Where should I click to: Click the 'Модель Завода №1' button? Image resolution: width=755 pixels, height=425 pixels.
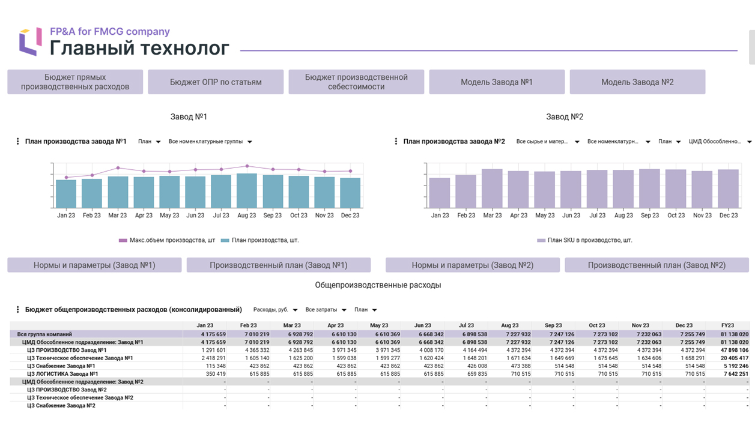(x=497, y=82)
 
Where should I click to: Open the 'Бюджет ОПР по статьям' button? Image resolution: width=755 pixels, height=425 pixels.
(x=216, y=82)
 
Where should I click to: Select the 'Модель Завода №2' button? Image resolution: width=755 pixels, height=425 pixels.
(x=637, y=82)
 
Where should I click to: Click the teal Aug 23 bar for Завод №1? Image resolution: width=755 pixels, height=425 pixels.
(x=247, y=191)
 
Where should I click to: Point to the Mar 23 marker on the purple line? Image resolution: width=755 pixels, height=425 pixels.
(x=118, y=167)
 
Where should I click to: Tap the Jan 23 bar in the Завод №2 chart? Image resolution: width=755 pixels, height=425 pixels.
(x=440, y=193)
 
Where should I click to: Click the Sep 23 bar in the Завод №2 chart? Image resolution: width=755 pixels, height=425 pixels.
(x=649, y=188)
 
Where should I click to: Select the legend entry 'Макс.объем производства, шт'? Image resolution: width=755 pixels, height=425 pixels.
(x=167, y=240)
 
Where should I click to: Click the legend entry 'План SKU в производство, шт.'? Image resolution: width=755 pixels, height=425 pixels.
(x=585, y=240)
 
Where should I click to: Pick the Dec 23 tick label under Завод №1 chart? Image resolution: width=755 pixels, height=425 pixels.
(x=350, y=215)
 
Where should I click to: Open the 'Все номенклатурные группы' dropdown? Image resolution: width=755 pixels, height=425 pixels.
(x=210, y=142)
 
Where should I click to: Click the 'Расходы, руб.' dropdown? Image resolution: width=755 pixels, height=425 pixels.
(x=275, y=310)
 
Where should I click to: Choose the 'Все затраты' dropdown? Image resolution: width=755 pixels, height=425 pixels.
(x=326, y=310)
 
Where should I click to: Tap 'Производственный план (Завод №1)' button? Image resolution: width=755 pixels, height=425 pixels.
(x=279, y=265)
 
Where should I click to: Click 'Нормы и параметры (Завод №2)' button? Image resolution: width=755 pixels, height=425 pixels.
(x=473, y=265)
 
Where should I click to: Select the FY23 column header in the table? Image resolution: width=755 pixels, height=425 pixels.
(x=727, y=325)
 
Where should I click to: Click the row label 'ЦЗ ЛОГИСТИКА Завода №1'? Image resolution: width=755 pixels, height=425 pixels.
(x=62, y=374)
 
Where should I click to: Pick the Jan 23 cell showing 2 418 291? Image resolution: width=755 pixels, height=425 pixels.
(x=214, y=358)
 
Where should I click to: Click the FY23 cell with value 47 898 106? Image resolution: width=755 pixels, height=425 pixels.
(x=735, y=350)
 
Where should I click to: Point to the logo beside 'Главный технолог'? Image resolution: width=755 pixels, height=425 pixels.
(x=31, y=42)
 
